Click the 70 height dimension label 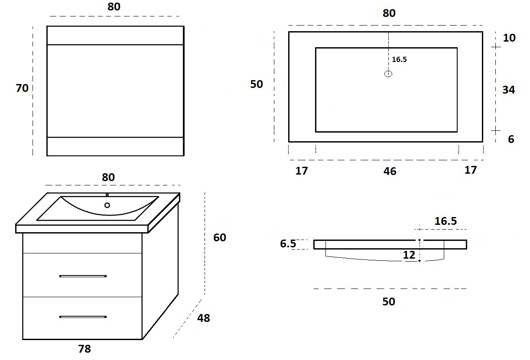click(x=22, y=88)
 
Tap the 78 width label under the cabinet click(x=85, y=349)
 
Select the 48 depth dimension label click(x=204, y=318)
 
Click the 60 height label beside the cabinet click(x=220, y=237)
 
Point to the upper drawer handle click(x=83, y=276)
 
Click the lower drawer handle click(x=83, y=317)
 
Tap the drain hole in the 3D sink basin click(x=107, y=205)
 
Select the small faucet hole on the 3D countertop click(x=107, y=195)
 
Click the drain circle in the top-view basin click(x=388, y=74)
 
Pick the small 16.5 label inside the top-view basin click(x=399, y=59)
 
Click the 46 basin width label click(x=390, y=171)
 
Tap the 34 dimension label click(x=508, y=90)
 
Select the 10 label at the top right click(x=509, y=38)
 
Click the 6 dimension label click(x=511, y=139)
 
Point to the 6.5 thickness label click(x=288, y=243)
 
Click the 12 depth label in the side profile click(x=409, y=255)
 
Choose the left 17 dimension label click(x=302, y=171)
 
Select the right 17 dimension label click(x=470, y=170)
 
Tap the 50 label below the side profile click(x=389, y=302)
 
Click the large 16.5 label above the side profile click(x=445, y=221)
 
